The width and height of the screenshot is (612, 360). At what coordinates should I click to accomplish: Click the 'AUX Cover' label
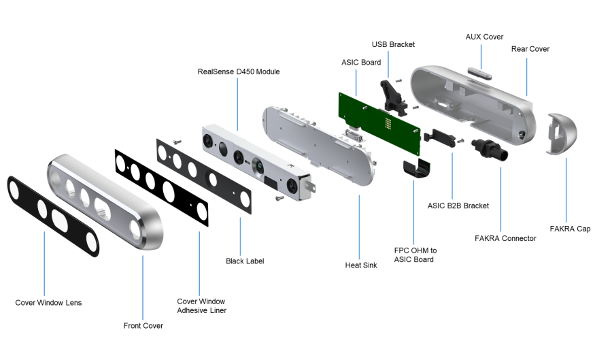(484, 37)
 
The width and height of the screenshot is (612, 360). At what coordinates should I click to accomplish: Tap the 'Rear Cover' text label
(530, 49)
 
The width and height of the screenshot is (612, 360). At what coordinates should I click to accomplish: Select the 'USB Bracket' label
(393, 44)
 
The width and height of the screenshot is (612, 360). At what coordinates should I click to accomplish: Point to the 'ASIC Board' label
(361, 63)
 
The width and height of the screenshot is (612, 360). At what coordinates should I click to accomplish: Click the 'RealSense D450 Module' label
(239, 72)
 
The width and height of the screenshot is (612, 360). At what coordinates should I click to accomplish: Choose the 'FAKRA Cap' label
(570, 229)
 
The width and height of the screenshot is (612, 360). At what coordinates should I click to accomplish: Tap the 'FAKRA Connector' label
(505, 238)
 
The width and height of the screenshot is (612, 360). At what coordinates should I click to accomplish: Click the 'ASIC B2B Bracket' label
(458, 206)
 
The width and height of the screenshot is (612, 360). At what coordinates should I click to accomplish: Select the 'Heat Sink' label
(361, 265)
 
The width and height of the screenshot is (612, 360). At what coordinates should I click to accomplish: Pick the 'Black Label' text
(245, 261)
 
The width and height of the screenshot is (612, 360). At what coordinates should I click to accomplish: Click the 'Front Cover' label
(143, 326)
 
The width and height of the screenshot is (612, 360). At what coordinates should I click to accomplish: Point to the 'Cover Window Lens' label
(48, 303)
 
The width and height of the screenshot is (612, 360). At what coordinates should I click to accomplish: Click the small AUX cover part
(479, 73)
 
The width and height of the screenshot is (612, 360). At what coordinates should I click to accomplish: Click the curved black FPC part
(416, 168)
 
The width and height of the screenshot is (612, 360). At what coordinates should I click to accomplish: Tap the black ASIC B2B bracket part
(440, 138)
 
